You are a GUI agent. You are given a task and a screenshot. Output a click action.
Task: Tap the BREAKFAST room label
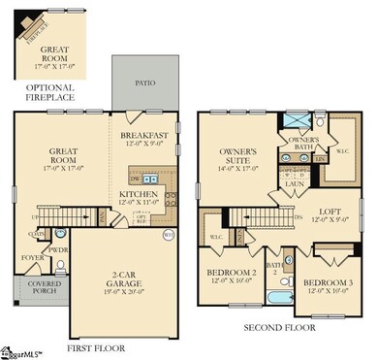(145, 136)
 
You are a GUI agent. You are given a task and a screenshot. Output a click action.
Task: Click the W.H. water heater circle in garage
(168, 233)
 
